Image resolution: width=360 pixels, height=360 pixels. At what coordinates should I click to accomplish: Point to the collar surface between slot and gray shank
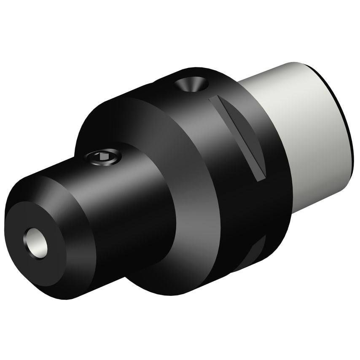(270, 126)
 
